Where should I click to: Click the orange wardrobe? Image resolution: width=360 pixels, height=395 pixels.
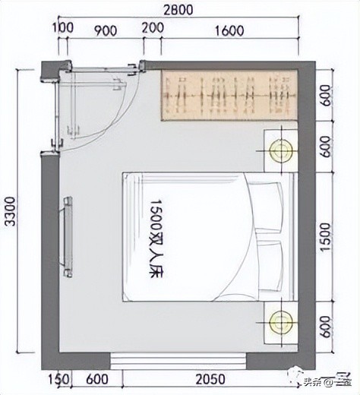click(x=227, y=95)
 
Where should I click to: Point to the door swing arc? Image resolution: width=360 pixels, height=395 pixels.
click(x=114, y=122)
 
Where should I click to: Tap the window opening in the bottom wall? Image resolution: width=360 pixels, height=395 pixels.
click(x=180, y=359)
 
